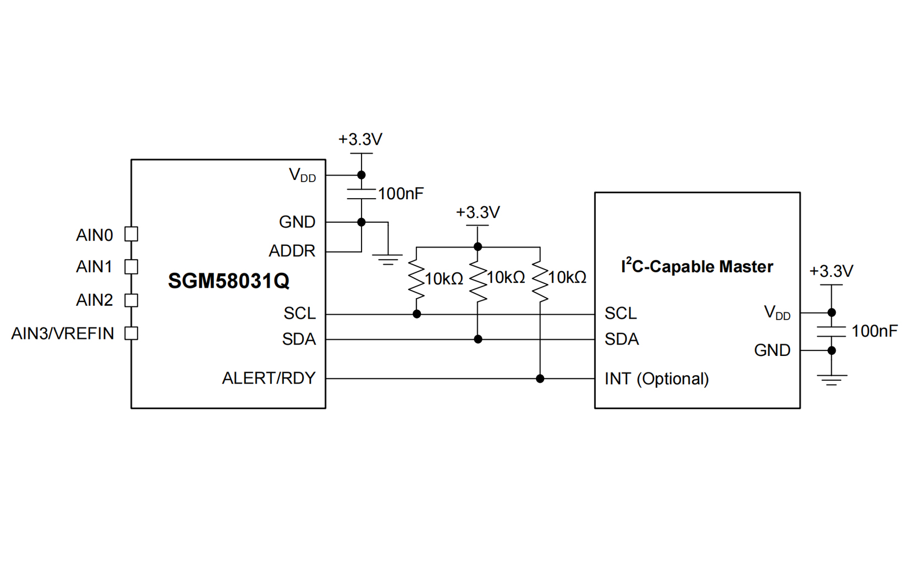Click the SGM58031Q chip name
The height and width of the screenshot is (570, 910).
point(228,281)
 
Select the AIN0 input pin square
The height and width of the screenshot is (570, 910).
point(131,234)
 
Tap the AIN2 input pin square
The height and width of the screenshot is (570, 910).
point(131,300)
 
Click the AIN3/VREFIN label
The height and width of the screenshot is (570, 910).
point(63,333)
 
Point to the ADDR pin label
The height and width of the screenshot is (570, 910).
point(292,251)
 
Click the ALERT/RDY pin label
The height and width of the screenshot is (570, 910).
point(268,378)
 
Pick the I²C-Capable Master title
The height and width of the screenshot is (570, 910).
point(697,266)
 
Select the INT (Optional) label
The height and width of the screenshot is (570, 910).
point(656,379)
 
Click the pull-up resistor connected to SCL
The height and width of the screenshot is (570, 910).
point(416,281)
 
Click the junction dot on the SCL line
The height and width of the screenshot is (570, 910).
point(417,314)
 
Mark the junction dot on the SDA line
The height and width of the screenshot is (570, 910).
point(478,339)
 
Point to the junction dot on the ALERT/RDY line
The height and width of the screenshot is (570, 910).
point(540,379)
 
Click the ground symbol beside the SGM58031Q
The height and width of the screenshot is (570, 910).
point(388,259)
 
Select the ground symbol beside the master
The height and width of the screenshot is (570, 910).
point(831,379)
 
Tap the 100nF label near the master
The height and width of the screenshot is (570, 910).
point(874,331)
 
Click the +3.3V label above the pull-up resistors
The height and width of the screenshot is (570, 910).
point(478,212)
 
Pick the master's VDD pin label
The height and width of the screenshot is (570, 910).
point(777,313)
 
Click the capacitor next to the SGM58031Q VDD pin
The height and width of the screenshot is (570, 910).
point(361,194)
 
